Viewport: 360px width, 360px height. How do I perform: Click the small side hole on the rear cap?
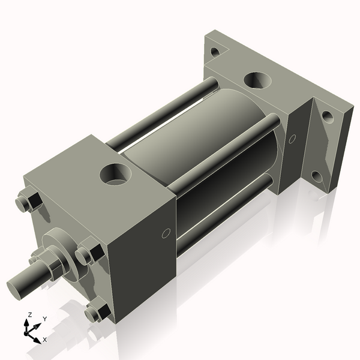[x=292, y=139]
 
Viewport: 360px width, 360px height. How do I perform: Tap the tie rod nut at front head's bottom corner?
[x=97, y=313]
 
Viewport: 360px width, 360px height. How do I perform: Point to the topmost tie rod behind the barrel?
[x=162, y=114]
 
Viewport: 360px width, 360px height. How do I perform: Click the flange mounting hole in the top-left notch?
[x=215, y=52]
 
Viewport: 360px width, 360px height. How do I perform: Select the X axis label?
[x=45, y=340]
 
